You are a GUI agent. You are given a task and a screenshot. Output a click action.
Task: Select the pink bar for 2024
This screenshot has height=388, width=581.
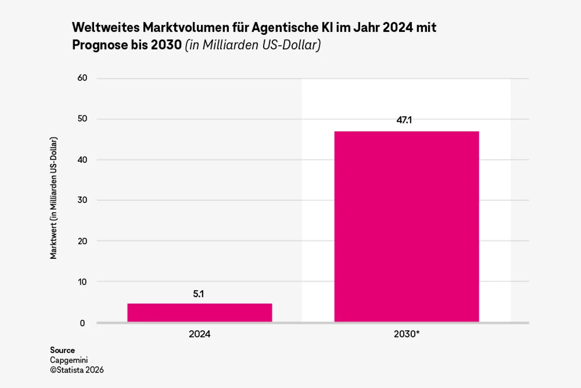199,313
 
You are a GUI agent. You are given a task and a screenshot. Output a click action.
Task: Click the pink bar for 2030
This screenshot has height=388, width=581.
406,227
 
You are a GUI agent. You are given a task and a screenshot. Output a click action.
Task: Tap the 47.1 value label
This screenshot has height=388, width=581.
404,120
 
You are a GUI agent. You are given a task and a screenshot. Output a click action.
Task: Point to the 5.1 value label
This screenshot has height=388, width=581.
199,294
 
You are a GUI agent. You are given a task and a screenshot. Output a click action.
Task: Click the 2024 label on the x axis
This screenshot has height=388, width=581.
199,334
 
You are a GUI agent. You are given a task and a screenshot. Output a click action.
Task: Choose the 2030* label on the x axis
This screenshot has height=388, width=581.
406,334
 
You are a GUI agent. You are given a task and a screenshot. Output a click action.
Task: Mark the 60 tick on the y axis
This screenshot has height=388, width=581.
82,78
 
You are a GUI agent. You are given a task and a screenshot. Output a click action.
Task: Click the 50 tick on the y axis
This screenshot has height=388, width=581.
82,118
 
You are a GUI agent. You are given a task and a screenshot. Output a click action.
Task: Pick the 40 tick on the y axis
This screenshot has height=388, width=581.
82,160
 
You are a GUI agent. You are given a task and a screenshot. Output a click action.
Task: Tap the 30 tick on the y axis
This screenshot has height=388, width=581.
82,200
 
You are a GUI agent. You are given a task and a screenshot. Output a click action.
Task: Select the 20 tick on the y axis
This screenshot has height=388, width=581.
82,241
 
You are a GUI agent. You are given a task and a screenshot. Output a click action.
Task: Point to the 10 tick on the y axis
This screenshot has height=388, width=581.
82,282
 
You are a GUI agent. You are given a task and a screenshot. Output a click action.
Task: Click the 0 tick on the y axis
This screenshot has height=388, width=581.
82,323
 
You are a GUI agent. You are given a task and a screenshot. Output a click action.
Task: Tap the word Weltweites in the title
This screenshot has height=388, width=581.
106,27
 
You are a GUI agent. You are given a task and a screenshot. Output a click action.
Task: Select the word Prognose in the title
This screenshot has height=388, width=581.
100,45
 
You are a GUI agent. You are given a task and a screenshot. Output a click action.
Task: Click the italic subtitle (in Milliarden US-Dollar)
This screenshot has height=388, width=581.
253,45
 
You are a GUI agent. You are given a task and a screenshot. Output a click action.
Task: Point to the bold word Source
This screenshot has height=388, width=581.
62,350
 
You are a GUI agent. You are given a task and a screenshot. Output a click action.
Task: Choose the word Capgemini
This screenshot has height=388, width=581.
69,360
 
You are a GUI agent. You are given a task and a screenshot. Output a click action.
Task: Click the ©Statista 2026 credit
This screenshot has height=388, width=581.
77,370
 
